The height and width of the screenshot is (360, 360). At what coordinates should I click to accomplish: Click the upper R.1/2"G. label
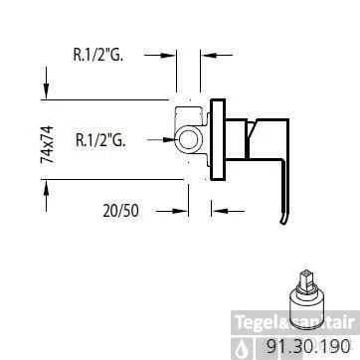tap(98, 56)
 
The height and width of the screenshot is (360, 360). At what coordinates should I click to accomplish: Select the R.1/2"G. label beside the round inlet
tap(100, 140)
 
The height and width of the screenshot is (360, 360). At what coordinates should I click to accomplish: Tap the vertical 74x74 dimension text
tap(48, 144)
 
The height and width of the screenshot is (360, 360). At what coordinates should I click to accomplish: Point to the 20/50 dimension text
tap(120, 211)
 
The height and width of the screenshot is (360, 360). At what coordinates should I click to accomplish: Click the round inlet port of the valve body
tap(188, 140)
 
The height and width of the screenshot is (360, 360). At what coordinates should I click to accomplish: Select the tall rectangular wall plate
tap(218, 139)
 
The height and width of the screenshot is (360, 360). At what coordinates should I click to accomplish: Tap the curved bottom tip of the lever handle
tap(283, 220)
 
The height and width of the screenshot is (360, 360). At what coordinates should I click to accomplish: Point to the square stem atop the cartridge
tap(305, 279)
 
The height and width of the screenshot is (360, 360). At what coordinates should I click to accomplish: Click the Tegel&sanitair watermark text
tap(294, 322)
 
